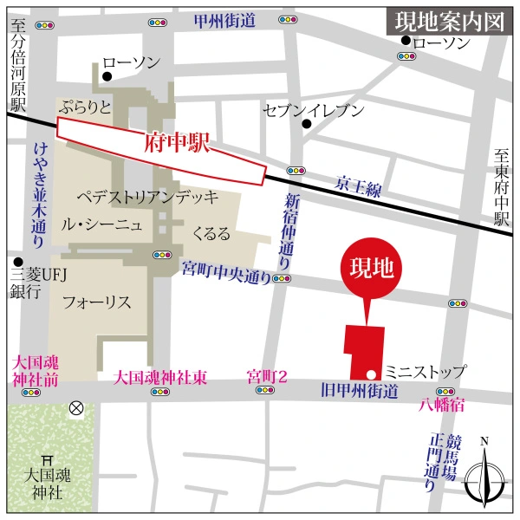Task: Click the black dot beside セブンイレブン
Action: pos(306,124)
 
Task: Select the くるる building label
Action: pos(211,234)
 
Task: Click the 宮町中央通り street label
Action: pos(226,267)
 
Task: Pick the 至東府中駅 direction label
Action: pos(501,187)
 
